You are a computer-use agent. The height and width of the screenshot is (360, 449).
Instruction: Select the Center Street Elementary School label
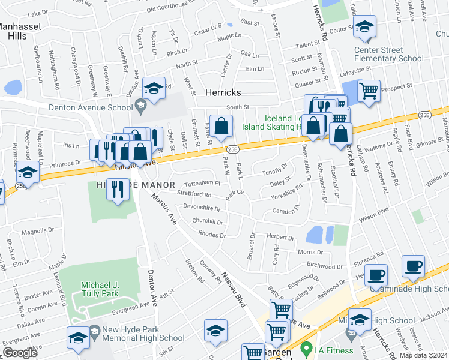pyautogui.click(x=388, y=54)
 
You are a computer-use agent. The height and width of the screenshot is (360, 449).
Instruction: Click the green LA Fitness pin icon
pyautogui.click(x=306, y=347)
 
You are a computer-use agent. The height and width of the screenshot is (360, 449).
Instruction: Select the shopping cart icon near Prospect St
pyautogui.click(x=369, y=92)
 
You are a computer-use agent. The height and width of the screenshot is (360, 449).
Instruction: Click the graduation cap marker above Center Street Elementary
pyautogui.click(x=364, y=27)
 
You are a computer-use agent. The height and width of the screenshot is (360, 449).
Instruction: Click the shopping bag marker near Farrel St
pyautogui.click(x=221, y=126)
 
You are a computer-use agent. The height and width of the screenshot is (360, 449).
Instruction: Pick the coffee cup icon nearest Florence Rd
pyautogui.click(x=376, y=276)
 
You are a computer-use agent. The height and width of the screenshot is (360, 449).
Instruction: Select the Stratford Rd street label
pyautogui.click(x=194, y=194)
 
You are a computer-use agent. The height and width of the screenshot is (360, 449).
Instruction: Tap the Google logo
pyautogui.click(x=20, y=353)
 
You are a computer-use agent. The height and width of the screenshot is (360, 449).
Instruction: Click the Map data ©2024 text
pyautogui.click(x=423, y=355)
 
